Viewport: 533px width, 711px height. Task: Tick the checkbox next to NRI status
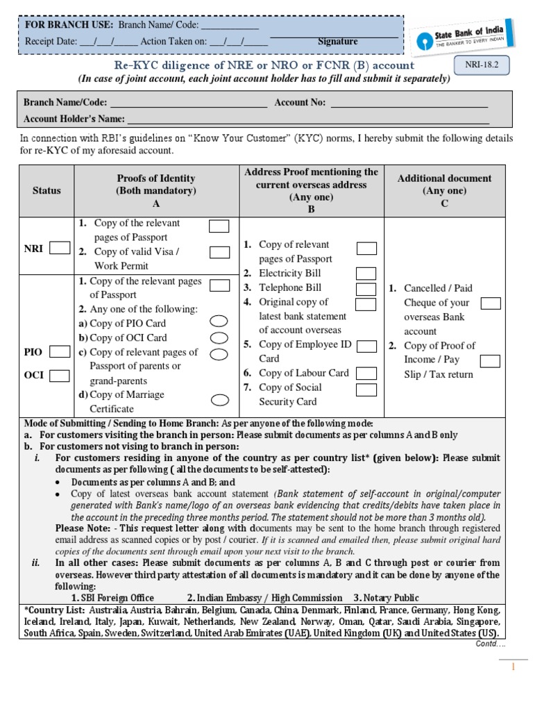coord(60,248)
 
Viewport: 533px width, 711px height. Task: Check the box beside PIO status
coord(60,352)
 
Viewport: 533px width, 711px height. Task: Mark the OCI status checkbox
coord(60,376)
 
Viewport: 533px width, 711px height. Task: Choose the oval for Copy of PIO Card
coord(219,321)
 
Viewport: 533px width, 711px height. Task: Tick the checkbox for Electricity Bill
coord(366,274)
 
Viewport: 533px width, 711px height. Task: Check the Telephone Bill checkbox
coord(366,289)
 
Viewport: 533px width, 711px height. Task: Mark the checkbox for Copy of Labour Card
coord(366,374)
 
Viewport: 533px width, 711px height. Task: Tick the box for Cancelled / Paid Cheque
coord(491,303)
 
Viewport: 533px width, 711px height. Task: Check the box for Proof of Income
coord(490,360)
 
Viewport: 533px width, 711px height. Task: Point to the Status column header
coord(46,190)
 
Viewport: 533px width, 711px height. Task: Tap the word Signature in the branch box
coord(337,42)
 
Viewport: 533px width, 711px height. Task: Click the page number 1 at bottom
coord(513,667)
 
